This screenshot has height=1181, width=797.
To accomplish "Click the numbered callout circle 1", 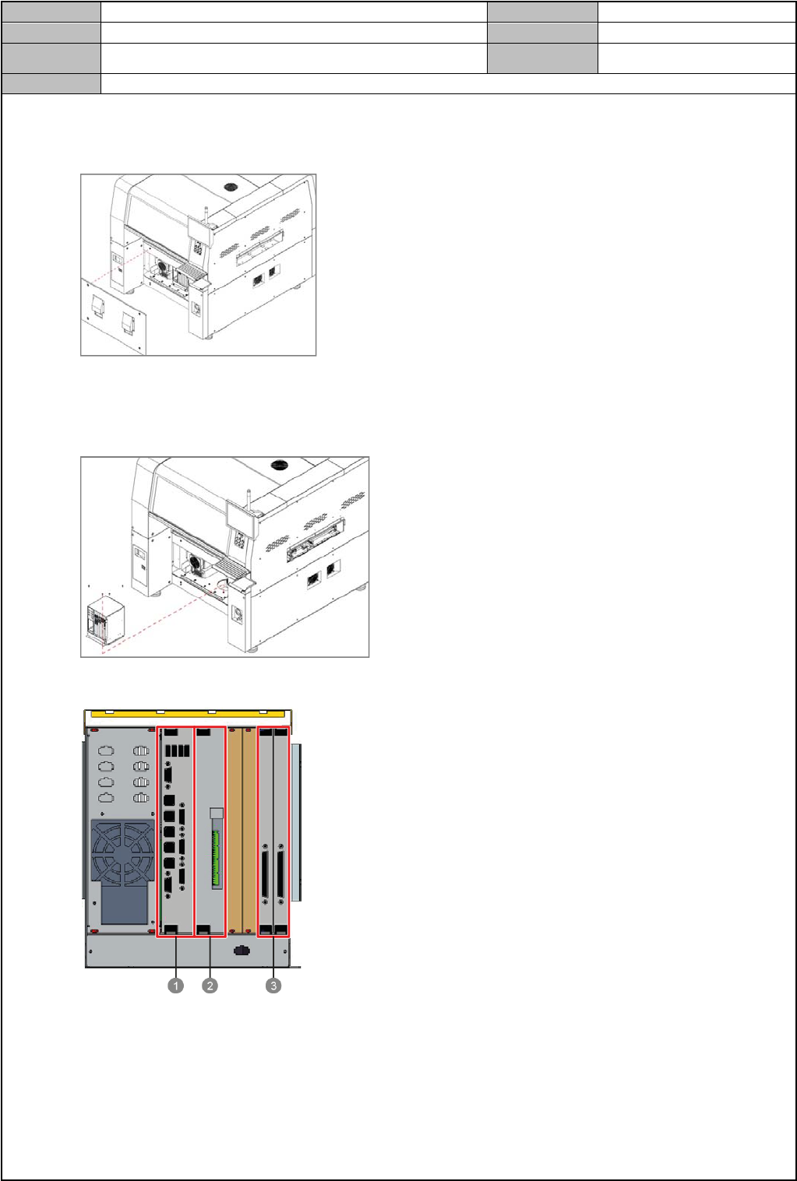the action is click(175, 986).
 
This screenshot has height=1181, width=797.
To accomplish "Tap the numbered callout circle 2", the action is click(210, 986).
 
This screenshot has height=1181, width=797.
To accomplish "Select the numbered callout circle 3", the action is click(273, 986).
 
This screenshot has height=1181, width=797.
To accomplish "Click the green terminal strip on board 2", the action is click(216, 858).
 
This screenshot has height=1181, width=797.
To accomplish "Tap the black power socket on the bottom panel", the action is click(241, 951).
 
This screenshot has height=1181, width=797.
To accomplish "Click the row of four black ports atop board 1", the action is click(177, 750).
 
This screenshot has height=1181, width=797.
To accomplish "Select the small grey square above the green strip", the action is click(217, 813).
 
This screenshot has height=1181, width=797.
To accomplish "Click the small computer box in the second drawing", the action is click(105, 620).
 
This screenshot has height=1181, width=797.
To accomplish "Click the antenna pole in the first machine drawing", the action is click(206, 216).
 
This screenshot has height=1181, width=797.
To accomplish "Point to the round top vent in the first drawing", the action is click(231, 186).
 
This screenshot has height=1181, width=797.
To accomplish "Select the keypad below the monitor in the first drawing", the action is click(198, 248).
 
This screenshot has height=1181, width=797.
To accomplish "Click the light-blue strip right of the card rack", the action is click(296, 822).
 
